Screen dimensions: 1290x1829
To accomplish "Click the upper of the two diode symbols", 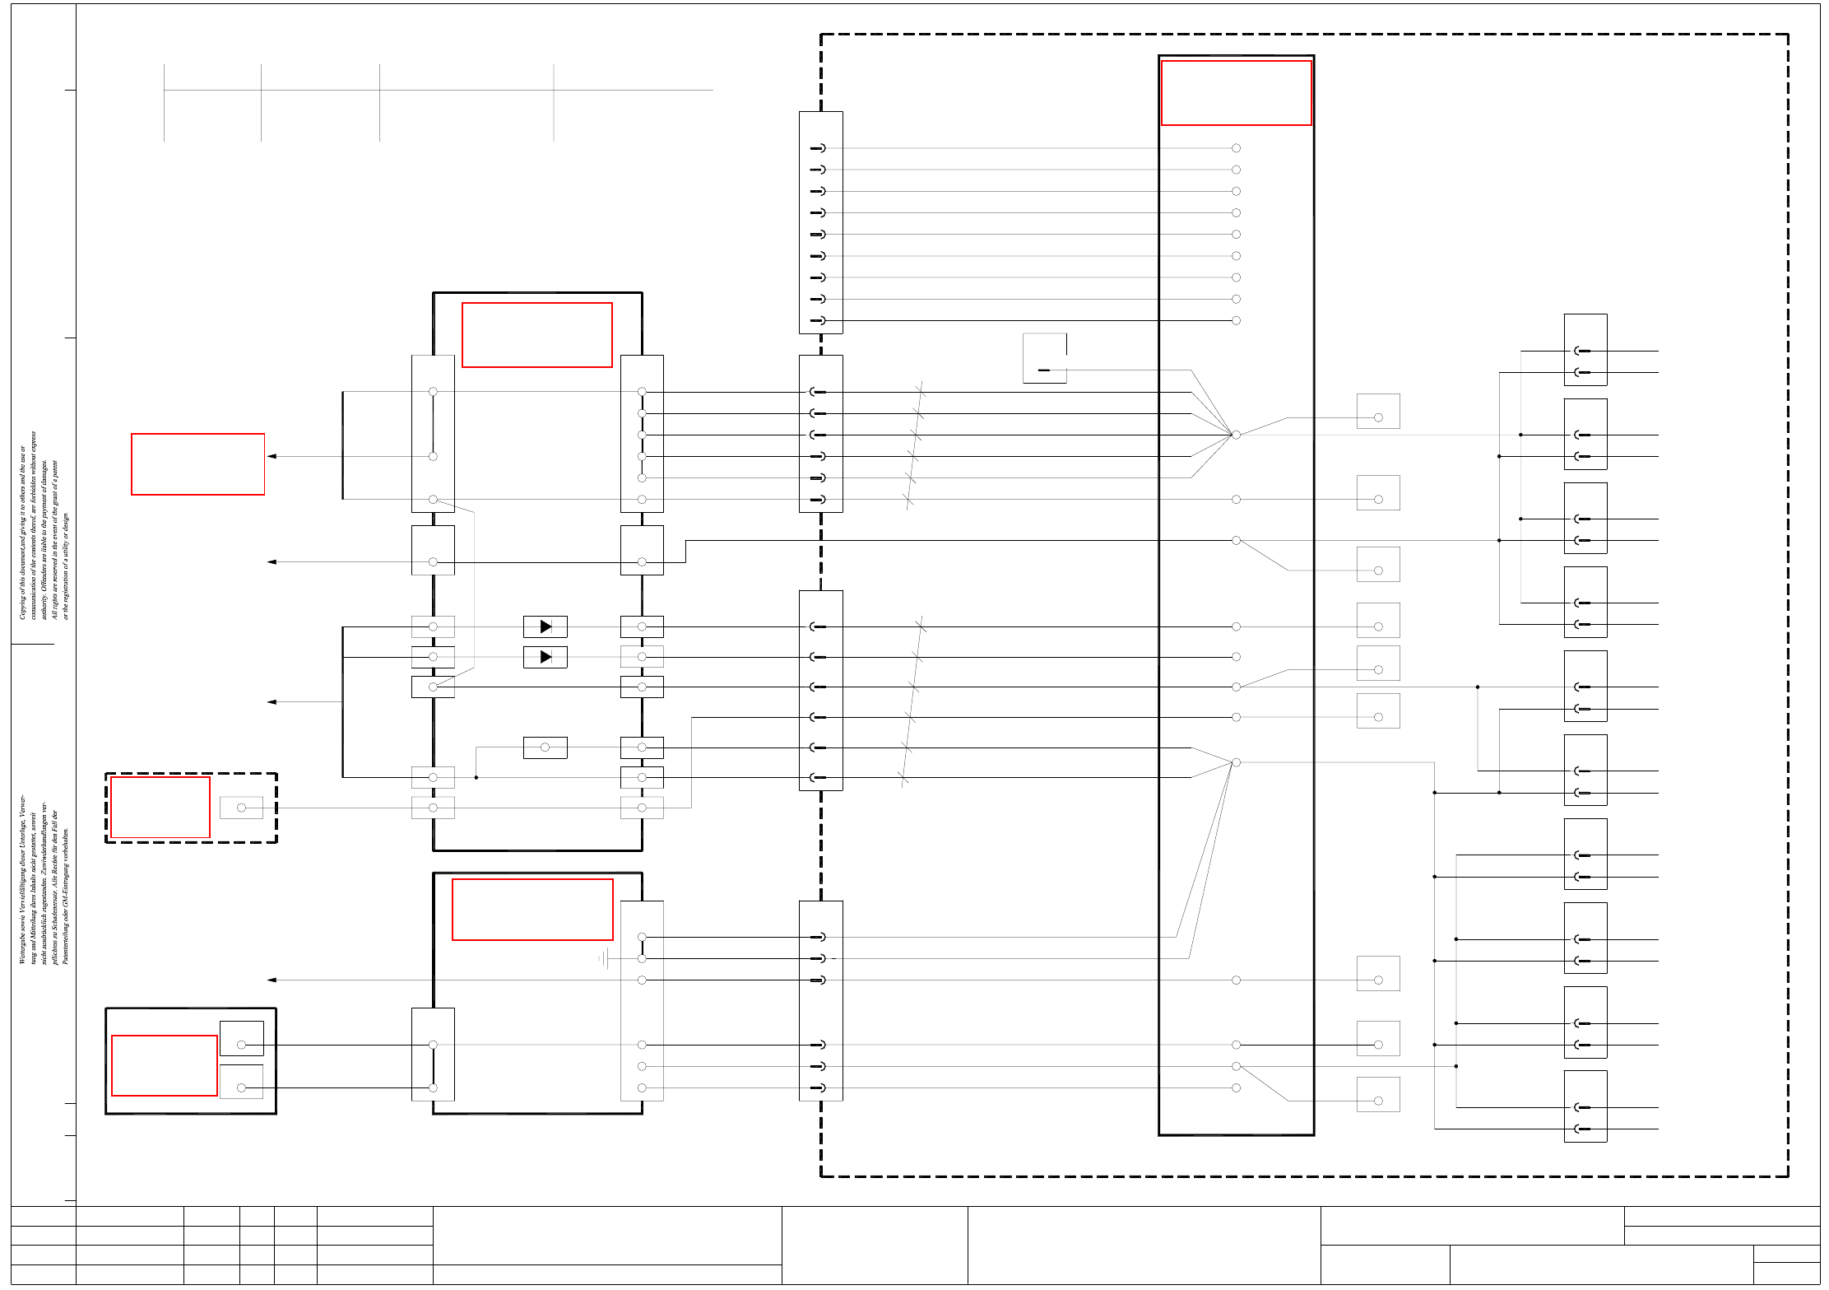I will coord(545,626).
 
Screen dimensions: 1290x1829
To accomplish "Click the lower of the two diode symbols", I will coord(545,657).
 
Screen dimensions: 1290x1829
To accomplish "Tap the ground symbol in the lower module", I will coord(604,958).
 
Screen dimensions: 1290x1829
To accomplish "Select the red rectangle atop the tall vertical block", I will coord(1236,93).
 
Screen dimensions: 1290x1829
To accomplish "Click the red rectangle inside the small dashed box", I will coord(160,808).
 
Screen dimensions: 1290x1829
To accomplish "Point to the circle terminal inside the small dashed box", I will coord(241,808).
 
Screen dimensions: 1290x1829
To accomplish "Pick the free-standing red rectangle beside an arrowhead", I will coord(197,464).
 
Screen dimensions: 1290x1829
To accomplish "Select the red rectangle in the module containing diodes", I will coord(537,335).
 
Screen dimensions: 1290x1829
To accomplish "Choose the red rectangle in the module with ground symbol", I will coord(532,910).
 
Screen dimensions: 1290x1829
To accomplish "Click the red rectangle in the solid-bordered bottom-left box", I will coord(165,1065).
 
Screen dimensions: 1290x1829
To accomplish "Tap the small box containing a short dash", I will coord(1044,359).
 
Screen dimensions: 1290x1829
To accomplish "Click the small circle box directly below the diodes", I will coord(545,747).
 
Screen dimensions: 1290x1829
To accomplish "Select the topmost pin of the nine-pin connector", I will coord(818,148).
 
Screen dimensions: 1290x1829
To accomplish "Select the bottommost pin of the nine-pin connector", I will coord(818,320).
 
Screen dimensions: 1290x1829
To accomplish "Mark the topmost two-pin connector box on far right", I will coord(1585,350).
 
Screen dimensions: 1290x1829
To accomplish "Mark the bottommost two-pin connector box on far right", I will coord(1585,1106).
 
